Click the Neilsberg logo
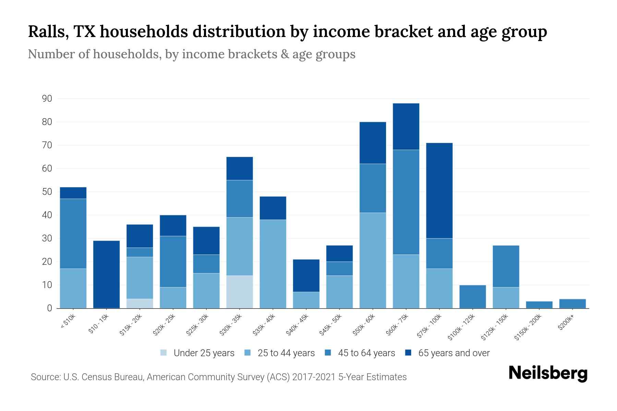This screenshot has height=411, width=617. [x=548, y=373]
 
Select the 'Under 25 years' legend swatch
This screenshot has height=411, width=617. [x=164, y=353]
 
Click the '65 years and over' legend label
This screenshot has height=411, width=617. [x=454, y=353]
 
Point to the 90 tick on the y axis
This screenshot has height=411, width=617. [x=47, y=99]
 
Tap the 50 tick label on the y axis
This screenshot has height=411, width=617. [x=47, y=192]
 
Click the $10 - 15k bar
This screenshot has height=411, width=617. [x=106, y=274]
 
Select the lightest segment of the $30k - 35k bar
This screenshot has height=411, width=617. [x=240, y=292]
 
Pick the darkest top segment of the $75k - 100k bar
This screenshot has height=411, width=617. [x=439, y=190]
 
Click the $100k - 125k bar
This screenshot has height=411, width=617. [x=472, y=297]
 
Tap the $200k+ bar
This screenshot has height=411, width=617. [x=572, y=303]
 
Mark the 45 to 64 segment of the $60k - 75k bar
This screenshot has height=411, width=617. [x=406, y=202]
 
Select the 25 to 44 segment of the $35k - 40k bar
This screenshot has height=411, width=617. [x=273, y=264]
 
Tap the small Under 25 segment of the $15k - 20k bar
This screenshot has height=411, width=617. [x=140, y=303]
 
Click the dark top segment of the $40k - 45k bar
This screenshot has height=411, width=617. [x=306, y=275]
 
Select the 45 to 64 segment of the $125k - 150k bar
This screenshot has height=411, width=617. [x=506, y=266]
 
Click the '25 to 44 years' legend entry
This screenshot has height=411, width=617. [x=286, y=353]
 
